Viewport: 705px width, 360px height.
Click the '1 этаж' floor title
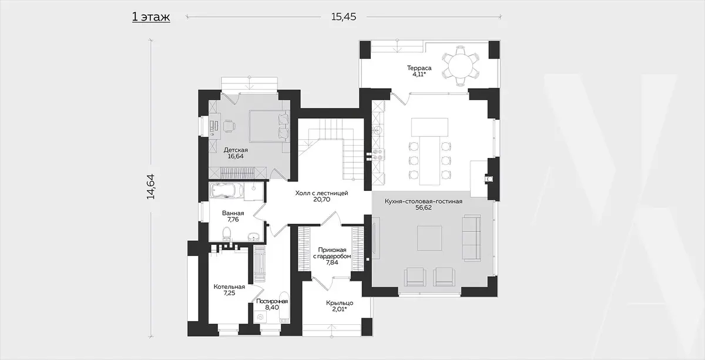(151, 17)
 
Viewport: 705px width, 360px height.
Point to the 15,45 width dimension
(344, 16)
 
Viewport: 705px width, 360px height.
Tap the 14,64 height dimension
(151, 186)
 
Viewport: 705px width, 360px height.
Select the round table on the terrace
(461, 66)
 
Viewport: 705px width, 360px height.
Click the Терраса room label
(419, 68)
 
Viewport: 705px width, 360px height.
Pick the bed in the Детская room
(270, 126)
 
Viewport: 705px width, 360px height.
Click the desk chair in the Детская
(229, 126)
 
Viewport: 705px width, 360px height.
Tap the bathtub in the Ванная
(226, 191)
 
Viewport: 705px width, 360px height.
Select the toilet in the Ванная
(227, 234)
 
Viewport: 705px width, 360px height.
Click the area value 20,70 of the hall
(322, 200)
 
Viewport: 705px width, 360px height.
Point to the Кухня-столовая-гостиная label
(424, 201)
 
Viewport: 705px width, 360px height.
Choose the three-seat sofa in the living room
(471, 238)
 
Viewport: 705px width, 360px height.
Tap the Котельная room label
(229, 287)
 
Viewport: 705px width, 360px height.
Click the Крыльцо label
(340, 303)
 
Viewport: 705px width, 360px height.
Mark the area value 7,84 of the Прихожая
(332, 262)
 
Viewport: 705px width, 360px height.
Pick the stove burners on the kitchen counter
(378, 154)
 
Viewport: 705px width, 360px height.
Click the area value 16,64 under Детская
(236, 156)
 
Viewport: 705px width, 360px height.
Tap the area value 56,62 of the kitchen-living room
(424, 208)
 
